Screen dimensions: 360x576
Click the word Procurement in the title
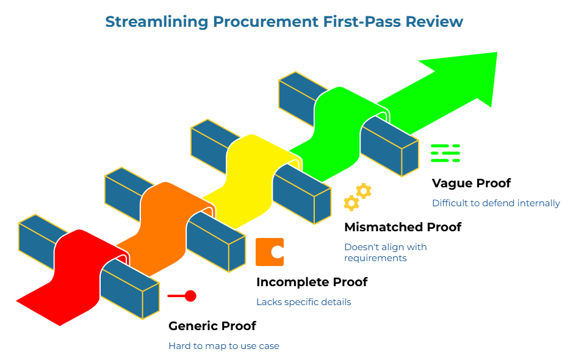pos(265,22)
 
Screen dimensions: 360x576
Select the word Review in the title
pos(435,22)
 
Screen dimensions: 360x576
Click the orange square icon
pos(269,252)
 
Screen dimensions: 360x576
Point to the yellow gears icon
pos(358,197)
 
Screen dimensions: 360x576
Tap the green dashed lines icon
pos(445,153)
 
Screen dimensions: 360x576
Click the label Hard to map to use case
pos(224,346)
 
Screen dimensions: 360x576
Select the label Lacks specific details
pos(303,302)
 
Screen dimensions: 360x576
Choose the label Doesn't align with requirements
pos(385,253)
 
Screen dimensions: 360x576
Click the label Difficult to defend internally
pos(495,203)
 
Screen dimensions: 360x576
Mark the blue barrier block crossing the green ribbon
pos(391,146)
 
